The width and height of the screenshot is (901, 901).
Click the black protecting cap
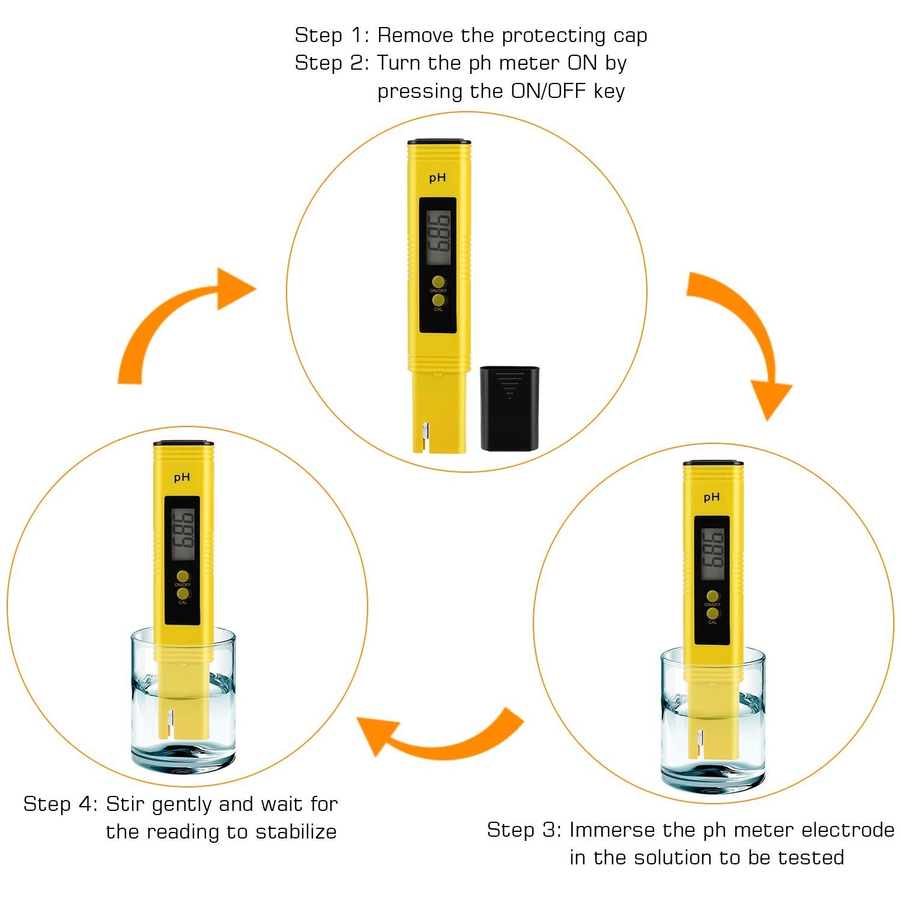509,408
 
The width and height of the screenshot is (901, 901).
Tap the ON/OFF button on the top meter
438,282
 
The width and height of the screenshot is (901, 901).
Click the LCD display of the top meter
438,238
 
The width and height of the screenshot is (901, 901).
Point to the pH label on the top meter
437,178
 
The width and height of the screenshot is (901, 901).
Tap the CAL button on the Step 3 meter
712,613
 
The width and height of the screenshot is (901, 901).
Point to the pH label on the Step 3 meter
712,497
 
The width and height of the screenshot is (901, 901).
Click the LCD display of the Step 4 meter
183,534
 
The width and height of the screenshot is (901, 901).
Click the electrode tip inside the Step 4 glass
170,720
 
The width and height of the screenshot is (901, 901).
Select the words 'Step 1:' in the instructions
332,35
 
